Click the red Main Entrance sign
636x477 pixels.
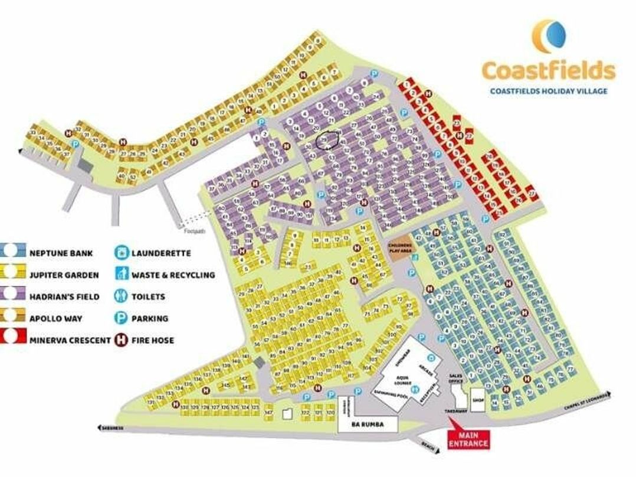click(468, 439)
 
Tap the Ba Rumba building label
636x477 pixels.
click(367, 424)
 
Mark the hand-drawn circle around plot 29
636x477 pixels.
click(327, 139)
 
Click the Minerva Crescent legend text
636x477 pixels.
click(70, 340)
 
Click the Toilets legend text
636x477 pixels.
click(148, 296)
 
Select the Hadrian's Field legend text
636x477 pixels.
click(64, 296)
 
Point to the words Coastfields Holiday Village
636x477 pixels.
click(548, 91)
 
